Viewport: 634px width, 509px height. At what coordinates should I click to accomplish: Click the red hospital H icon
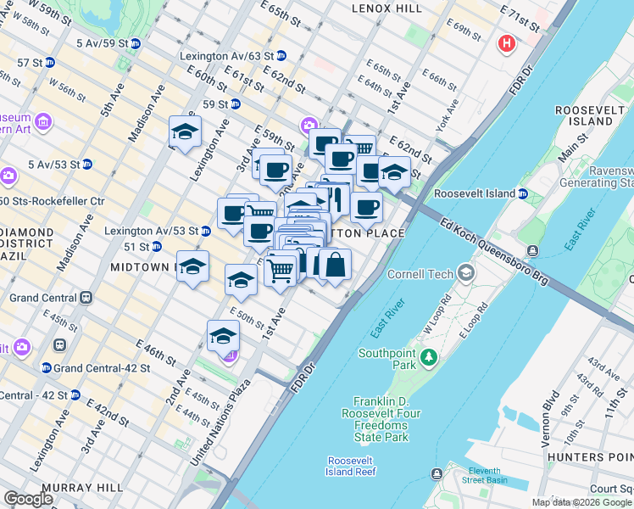point(508,43)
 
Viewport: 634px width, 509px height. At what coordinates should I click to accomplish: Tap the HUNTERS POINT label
point(589,457)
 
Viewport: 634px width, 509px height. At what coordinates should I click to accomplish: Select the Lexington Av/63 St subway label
point(226,56)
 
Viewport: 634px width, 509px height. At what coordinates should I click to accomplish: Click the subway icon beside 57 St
point(49,63)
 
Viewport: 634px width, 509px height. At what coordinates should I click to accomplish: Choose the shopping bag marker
point(335,265)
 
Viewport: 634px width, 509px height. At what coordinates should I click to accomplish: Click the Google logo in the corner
point(28,499)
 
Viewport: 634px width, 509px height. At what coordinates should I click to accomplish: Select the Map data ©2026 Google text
point(581,502)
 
